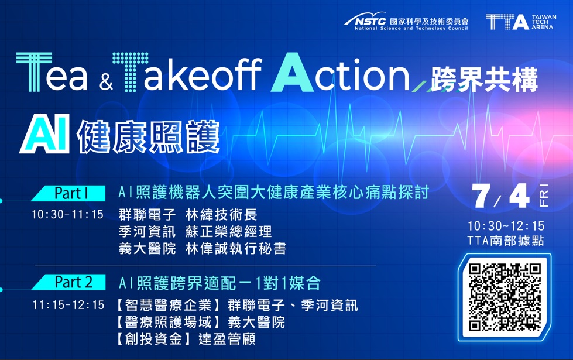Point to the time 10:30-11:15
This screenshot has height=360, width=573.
tap(67, 215)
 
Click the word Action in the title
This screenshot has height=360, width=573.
tap(339, 74)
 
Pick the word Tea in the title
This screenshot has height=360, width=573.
tap(53, 76)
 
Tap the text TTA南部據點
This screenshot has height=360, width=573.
tap(506, 240)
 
